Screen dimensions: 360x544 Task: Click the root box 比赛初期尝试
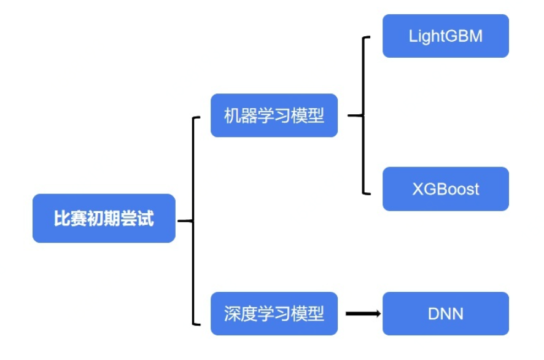(x=104, y=219)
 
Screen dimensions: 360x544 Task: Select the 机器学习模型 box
(x=274, y=115)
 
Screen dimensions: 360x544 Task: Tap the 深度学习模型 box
(x=274, y=314)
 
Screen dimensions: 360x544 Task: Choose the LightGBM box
(x=445, y=36)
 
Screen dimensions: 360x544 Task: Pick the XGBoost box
(x=445, y=189)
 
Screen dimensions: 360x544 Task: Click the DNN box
(x=445, y=314)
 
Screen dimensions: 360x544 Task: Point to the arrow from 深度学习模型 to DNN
(x=362, y=314)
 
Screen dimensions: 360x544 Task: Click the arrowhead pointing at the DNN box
(x=377, y=314)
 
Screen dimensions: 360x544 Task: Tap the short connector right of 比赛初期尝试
(x=185, y=221)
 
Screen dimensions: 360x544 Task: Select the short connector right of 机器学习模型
(x=356, y=115)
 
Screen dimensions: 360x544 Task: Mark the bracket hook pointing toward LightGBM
(x=367, y=37)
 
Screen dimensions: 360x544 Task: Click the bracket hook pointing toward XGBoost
(x=367, y=193)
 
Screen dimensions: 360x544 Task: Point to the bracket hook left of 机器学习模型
(x=197, y=117)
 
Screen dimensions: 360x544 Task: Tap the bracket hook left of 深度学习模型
(x=197, y=323)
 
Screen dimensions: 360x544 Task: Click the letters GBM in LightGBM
(x=467, y=36)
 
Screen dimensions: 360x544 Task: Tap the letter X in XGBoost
(x=418, y=189)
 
